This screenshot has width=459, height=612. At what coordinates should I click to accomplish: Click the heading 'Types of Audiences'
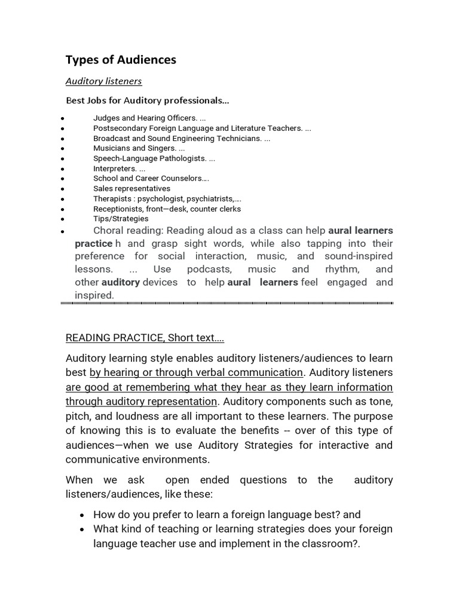click(121, 60)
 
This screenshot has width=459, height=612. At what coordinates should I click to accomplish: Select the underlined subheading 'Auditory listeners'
click(103, 81)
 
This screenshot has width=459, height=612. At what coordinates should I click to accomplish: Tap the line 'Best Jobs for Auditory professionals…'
click(147, 100)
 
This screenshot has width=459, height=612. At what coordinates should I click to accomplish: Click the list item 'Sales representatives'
click(131, 189)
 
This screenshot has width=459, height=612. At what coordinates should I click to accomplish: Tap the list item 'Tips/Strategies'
click(121, 219)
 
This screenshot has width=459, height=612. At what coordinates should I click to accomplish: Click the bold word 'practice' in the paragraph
click(93, 244)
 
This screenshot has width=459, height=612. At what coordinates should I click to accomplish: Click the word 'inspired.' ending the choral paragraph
click(94, 295)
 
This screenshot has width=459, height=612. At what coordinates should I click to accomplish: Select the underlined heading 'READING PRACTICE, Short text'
click(145, 338)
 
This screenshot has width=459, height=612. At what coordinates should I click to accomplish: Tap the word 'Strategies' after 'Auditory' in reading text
click(266, 445)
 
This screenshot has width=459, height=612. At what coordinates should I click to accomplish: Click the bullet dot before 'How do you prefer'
click(84, 515)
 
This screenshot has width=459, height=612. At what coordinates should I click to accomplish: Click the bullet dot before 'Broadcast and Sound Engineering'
click(63, 139)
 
